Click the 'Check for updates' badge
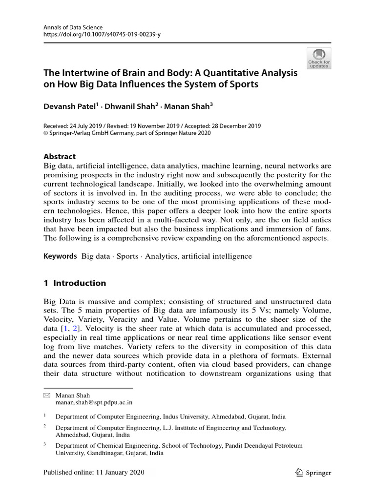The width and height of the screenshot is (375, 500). pyautogui.click(x=319, y=58)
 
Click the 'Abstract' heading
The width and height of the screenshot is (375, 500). pyautogui.click(x=60, y=157)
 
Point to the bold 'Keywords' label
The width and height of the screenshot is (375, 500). pyautogui.click(x=61, y=256)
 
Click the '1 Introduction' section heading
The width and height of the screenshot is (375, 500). pyautogui.click(x=75, y=283)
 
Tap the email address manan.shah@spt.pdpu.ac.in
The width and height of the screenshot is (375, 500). pyautogui.click(x=94, y=402)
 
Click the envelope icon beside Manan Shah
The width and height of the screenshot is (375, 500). pyautogui.click(x=47, y=395)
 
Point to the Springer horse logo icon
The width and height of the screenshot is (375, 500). pyautogui.click(x=298, y=472)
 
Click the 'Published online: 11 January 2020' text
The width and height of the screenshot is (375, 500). pyautogui.click(x=94, y=473)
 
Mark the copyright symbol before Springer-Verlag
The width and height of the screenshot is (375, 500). pyautogui.click(x=46, y=133)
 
